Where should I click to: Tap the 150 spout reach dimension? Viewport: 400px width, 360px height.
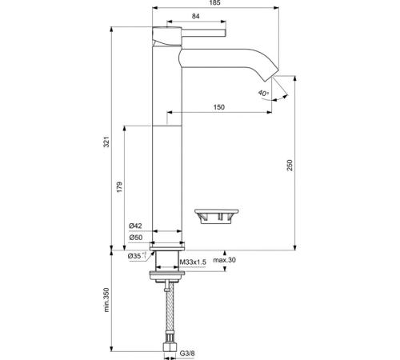pyautogui.click(x=218, y=108)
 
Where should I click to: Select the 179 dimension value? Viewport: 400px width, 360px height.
pyautogui.click(x=118, y=186)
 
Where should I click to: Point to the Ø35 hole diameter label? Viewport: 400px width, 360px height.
pyautogui.click(x=136, y=256)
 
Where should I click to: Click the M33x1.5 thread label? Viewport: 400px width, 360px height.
pyautogui.click(x=193, y=262)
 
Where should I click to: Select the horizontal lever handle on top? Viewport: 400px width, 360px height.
pyautogui.click(x=200, y=34)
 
